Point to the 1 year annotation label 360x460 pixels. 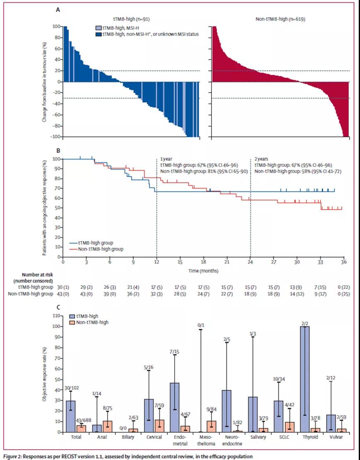pos(166,159)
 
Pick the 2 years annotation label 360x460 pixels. pos(261,159)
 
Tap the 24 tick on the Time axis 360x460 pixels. pos(250,263)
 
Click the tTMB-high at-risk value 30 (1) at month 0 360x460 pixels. pos(63,286)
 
